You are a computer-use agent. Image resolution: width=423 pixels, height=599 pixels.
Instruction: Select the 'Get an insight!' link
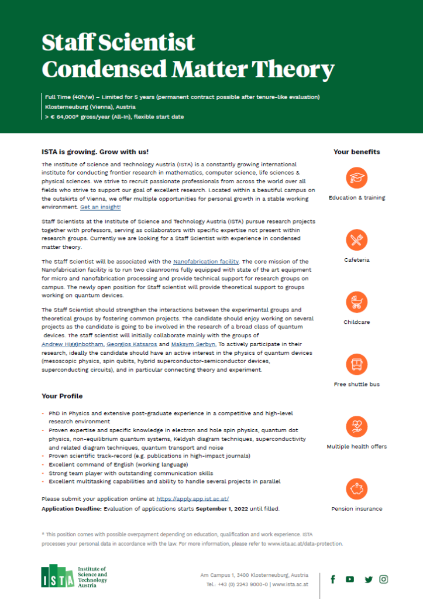click(x=101, y=207)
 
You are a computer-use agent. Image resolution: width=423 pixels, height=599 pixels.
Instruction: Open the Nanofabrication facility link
click(x=207, y=261)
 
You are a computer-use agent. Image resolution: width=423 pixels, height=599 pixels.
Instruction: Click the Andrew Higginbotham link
click(x=73, y=344)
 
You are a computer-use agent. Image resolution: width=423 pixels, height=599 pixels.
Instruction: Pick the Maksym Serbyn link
click(x=194, y=344)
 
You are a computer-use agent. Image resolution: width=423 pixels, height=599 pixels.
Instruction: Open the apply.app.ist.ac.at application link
click(x=192, y=499)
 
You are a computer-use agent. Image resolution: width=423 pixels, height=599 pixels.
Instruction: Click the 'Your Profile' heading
click(x=62, y=396)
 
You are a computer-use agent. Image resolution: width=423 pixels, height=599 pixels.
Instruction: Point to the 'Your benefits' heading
click(x=356, y=152)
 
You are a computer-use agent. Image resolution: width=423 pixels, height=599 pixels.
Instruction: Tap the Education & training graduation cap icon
click(x=356, y=177)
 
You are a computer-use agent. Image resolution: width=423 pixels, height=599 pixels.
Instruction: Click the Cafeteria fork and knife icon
click(x=356, y=239)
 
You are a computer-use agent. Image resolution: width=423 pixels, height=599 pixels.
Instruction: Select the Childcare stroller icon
click(x=356, y=302)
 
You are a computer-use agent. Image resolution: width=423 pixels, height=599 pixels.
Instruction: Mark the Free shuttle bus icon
click(x=356, y=364)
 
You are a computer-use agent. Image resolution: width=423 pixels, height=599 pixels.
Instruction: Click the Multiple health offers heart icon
click(x=356, y=426)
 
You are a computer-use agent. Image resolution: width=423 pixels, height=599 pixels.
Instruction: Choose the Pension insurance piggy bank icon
click(x=356, y=488)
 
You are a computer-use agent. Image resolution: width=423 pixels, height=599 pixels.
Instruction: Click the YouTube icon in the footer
click(x=350, y=579)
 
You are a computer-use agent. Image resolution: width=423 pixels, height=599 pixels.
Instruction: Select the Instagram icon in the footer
click(x=384, y=579)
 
